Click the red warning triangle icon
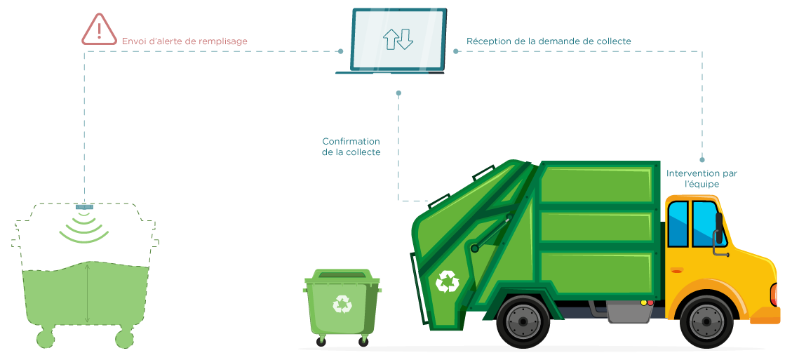tap(99, 29)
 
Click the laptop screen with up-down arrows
tap(398, 39)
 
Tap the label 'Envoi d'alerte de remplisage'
tap(184, 41)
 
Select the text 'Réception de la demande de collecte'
tap(549, 41)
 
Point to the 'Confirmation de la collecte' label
tap(351, 147)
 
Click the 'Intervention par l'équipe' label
tap(702, 178)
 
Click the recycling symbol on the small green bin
tap(342, 303)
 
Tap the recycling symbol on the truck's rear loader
tap(447, 281)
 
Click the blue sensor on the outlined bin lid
tap(85, 206)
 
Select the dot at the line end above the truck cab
tap(702, 160)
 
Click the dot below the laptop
tap(398, 93)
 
